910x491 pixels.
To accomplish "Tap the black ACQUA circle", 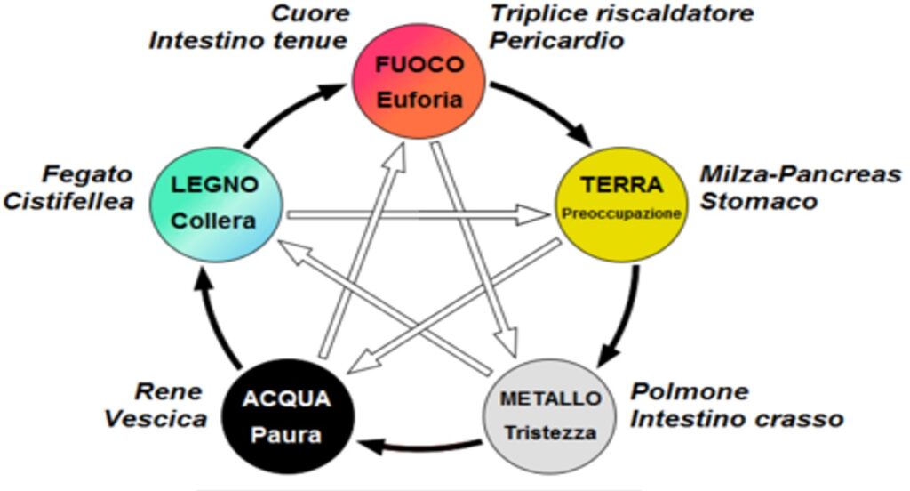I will [289, 417].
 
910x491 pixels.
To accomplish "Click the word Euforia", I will [420, 100].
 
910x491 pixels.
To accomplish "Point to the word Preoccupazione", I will [621, 214].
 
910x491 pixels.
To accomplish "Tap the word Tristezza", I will [550, 433].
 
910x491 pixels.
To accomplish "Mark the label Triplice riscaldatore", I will [622, 14].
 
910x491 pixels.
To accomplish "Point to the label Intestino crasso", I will [737, 417].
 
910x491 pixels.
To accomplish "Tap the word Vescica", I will [156, 418].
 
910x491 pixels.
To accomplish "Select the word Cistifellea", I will [68, 201].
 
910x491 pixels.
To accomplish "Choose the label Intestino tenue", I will [249, 41].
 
